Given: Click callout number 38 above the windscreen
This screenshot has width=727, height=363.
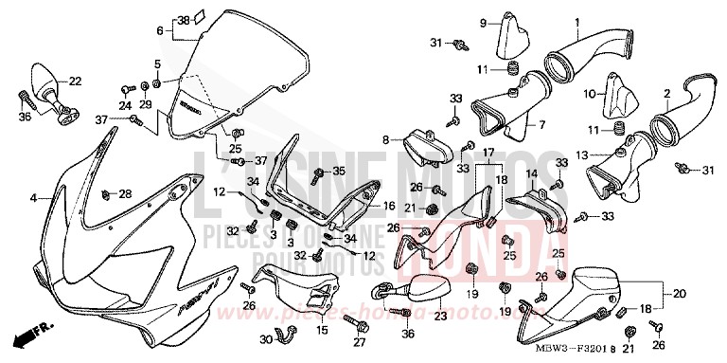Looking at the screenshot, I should (x=184, y=19).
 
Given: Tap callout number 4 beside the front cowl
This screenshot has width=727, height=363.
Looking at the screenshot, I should (x=33, y=199).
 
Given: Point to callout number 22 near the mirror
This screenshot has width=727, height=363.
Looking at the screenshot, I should (x=75, y=81).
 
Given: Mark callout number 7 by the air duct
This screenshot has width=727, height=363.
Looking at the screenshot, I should (x=541, y=124).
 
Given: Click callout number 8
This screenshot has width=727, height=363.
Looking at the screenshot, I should (x=385, y=139).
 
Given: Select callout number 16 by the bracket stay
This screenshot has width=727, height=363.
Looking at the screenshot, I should (x=389, y=205).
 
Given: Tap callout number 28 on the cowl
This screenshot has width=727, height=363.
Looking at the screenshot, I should (x=126, y=193).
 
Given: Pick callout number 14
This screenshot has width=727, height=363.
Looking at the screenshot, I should (x=532, y=174).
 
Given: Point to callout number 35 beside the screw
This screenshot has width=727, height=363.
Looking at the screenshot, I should (x=340, y=171).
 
